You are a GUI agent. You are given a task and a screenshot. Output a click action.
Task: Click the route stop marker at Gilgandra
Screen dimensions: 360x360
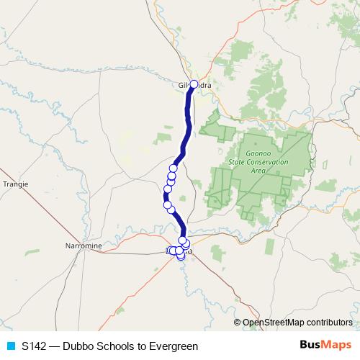tap(193, 84)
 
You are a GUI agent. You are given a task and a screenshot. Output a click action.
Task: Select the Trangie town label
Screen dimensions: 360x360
tap(15, 184)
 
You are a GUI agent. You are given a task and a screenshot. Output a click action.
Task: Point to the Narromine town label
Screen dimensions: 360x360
tap(84, 246)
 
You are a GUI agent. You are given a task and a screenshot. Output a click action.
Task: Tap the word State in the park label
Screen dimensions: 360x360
tap(238, 162)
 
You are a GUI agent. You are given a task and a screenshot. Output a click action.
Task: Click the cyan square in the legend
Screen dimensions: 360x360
tap(9, 346)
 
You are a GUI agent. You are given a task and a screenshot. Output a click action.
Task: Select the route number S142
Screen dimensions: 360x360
tap(34, 346)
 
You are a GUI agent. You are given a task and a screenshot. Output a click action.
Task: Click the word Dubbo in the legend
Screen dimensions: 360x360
tap(78, 346)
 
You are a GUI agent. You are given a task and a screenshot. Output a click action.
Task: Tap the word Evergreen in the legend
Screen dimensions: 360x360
tap(174, 346)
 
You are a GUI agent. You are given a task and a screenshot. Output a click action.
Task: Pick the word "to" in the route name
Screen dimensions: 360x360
tap(142, 346)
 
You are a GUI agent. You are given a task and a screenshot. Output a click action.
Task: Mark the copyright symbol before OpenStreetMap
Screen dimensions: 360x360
tap(238, 323)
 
